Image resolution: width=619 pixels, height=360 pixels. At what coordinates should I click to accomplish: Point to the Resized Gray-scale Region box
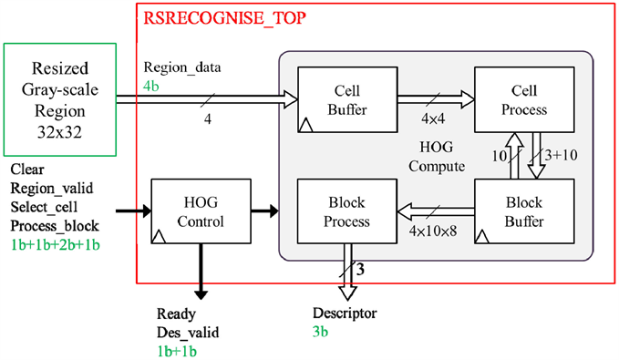tap(59, 99)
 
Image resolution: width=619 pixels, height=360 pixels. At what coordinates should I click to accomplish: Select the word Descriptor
tap(344, 314)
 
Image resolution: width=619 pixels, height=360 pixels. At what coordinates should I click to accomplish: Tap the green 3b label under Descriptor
tap(321, 332)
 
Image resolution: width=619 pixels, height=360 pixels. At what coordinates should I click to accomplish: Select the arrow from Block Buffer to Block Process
tap(434, 212)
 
